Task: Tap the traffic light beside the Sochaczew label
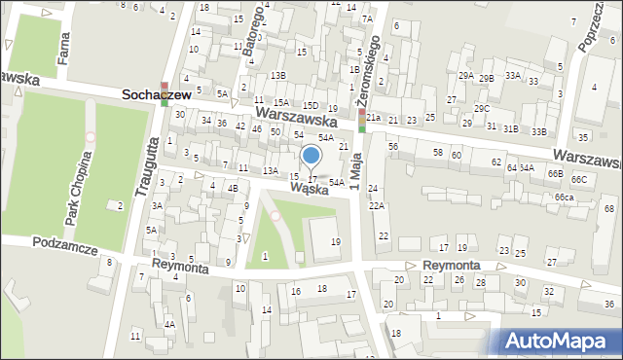[x=165, y=93]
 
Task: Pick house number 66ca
[x=565, y=198]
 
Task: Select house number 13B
[x=278, y=75]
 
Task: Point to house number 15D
[x=311, y=105]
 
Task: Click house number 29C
[x=482, y=108]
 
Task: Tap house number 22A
[x=376, y=205]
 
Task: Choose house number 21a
[x=374, y=118]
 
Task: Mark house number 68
[x=609, y=209]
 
